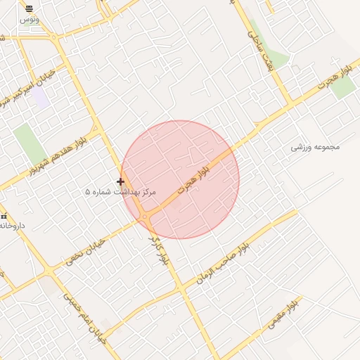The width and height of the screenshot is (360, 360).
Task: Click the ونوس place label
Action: click(29, 20)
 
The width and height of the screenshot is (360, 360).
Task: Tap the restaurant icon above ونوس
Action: click(29, 9)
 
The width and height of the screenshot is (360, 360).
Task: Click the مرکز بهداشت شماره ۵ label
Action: click(120, 191)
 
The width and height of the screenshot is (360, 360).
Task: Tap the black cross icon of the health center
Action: click(120, 181)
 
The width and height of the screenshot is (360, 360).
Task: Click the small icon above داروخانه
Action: click(4, 215)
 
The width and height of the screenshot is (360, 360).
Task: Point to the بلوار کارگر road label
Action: click(161, 250)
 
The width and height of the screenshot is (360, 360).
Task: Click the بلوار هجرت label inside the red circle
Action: click(194, 180)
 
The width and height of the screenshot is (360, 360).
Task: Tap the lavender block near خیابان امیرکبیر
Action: click(40, 98)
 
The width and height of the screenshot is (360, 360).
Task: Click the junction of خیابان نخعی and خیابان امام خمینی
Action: click(49, 271)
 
